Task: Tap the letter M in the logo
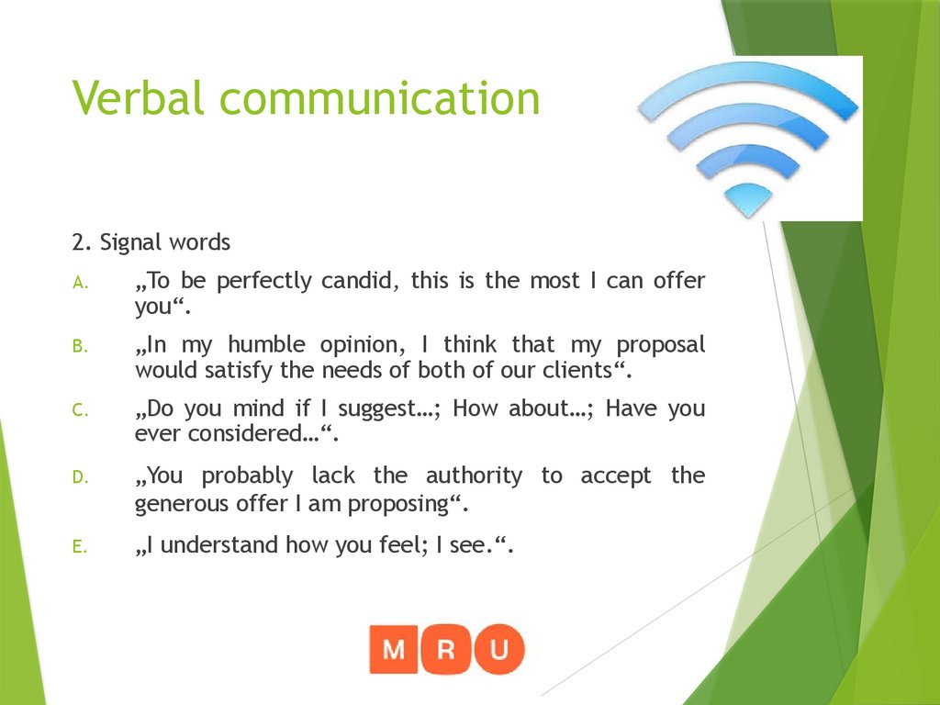[394, 650]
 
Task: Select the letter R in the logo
[447, 650]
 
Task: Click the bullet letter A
[80, 282]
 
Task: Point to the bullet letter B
[80, 347]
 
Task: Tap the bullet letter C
[80, 411]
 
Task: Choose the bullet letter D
[80, 477]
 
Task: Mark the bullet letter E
[80, 547]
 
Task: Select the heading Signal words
[151, 242]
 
